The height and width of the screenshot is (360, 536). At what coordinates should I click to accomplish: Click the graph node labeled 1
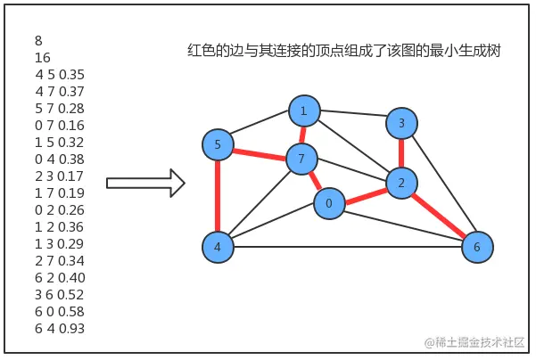coord(304,111)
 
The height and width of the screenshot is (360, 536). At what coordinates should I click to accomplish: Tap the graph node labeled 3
coord(402,123)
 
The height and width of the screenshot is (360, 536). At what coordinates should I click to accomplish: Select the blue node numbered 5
coord(218,144)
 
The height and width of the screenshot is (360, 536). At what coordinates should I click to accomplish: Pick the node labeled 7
coord(301,160)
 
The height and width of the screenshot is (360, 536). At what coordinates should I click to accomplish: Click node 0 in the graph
coord(329,204)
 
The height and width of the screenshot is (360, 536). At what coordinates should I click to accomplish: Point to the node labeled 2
coord(402,183)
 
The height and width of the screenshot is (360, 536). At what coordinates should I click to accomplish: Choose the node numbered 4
coord(218,247)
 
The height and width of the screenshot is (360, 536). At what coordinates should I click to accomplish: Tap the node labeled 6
coord(477,247)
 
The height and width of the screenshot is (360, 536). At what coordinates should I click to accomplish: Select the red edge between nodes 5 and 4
coord(218,196)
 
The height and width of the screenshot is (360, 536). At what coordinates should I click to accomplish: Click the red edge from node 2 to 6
coord(440,215)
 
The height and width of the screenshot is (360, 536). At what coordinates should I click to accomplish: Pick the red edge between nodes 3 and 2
coord(402,152)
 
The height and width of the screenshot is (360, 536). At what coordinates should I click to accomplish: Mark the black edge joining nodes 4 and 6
coord(348,247)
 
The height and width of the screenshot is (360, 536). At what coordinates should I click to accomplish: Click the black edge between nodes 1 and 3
coord(353,117)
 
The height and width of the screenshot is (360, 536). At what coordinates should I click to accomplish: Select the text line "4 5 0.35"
coord(59,74)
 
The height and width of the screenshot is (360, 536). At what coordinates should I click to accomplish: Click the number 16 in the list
coord(42,58)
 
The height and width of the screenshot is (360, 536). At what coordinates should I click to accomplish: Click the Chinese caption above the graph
coord(343,52)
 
